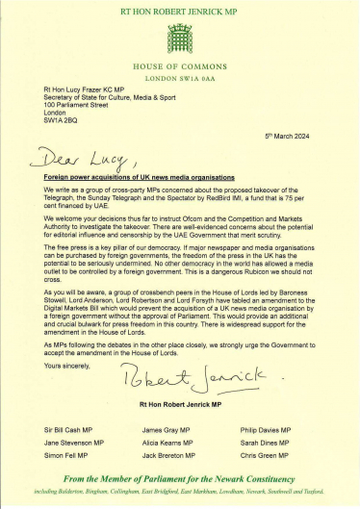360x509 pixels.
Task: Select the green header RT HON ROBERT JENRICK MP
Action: point(180,10)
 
